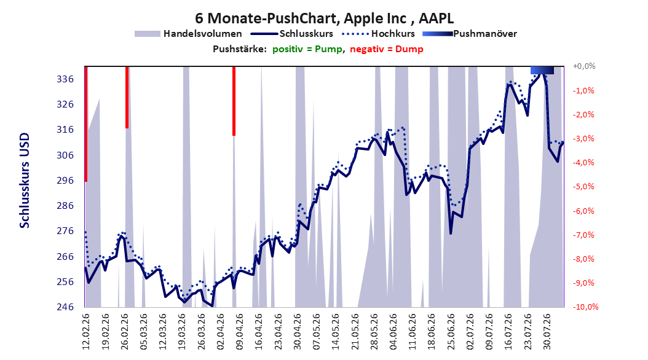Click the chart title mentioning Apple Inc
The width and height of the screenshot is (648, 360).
325,18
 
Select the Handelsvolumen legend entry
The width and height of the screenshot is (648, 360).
188,34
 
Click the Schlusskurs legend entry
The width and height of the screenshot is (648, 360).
291,34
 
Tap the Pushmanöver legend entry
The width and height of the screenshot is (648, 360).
470,34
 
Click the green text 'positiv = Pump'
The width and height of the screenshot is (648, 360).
307,49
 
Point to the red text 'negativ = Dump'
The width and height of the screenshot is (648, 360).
387,49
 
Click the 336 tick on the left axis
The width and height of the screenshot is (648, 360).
65,79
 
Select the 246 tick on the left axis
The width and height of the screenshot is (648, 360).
65,307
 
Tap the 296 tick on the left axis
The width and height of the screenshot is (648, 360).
65,181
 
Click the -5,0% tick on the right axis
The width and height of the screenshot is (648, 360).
583,187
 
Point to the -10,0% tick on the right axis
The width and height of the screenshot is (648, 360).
585,307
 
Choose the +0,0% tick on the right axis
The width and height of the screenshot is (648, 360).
584,66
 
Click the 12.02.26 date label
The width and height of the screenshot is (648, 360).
86,332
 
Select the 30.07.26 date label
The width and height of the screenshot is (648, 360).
547,332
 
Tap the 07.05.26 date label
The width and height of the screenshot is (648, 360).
317,332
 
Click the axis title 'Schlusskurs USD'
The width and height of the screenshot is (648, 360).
25,181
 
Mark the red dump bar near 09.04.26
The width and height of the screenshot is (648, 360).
234,101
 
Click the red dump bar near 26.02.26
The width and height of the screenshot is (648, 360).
127,98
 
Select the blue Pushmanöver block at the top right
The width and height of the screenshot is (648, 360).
542,70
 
